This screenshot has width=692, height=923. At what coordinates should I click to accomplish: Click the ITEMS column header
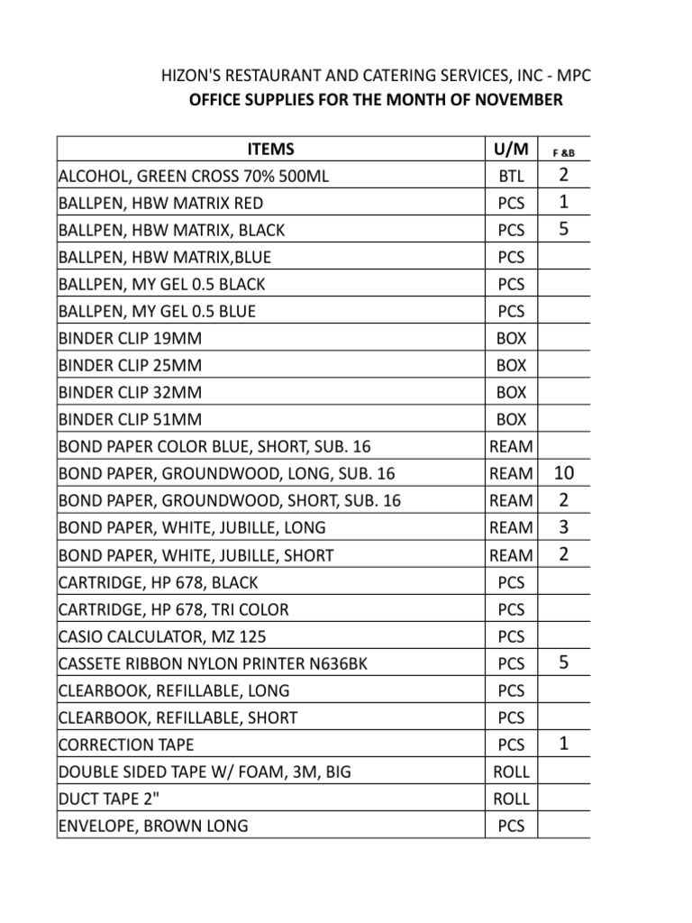point(271,149)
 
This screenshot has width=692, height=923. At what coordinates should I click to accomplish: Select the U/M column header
point(511,149)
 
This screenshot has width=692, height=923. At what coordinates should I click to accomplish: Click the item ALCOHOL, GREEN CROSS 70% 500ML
point(193,176)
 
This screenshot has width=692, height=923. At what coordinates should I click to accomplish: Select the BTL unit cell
point(511,176)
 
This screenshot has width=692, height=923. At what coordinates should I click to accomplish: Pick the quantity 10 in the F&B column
point(563,472)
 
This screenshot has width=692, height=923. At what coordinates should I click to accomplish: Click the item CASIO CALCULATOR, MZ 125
point(162,636)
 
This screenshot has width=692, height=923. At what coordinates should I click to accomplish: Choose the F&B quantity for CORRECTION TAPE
point(563,745)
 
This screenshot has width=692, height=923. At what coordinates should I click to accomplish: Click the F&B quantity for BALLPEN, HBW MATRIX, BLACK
point(563,230)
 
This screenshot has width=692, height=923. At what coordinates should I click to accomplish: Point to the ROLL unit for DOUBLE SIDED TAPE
point(511,772)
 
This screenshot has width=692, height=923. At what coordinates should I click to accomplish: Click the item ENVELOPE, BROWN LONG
point(153,826)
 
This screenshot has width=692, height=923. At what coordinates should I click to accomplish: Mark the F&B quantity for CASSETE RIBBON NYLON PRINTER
point(563,663)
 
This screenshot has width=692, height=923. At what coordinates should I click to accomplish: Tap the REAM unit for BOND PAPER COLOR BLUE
point(511,446)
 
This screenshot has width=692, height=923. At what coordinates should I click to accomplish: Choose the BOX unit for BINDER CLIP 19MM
point(511,338)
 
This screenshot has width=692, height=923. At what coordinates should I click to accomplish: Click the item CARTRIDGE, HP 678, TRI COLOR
point(174,609)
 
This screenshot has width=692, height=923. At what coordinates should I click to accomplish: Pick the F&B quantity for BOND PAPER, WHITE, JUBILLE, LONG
point(563,527)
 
